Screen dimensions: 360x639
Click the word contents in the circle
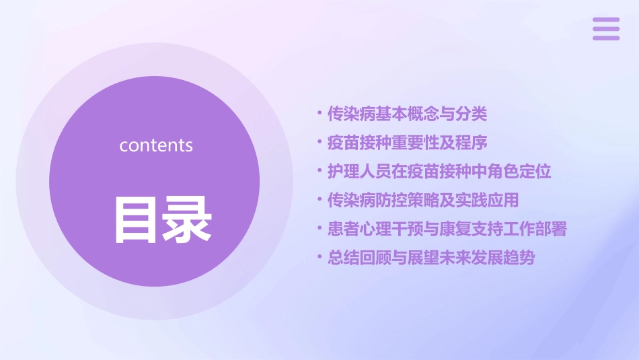(x=156, y=145)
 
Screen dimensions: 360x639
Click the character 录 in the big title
(x=186, y=219)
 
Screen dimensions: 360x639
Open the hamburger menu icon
(x=606, y=28)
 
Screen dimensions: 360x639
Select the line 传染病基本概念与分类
(x=407, y=114)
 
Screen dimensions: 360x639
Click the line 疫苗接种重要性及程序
(x=407, y=143)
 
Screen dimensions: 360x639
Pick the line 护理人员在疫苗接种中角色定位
(x=439, y=172)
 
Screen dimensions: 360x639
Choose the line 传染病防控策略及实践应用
(x=423, y=201)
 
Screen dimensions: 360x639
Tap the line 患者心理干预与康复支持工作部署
(x=447, y=229)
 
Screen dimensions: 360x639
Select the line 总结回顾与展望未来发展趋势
(x=431, y=258)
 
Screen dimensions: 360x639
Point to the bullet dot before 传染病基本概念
(x=319, y=114)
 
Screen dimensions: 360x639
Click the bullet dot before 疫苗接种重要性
(x=319, y=143)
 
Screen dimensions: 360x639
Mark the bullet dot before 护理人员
(x=319, y=172)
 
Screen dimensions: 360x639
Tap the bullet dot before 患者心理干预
(x=319, y=229)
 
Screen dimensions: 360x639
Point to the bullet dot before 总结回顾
(x=319, y=258)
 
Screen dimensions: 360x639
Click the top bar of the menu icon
(x=606, y=20)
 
